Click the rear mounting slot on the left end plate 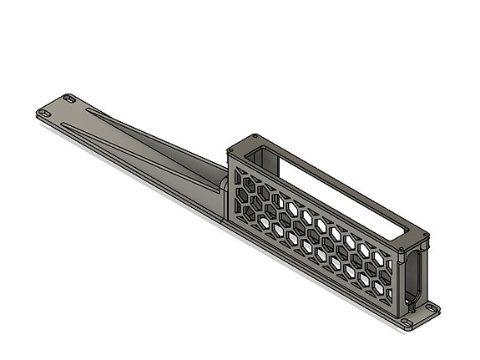(69, 99)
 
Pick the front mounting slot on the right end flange (407, 322)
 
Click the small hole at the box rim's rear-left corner (255, 137)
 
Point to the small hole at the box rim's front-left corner (230, 150)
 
